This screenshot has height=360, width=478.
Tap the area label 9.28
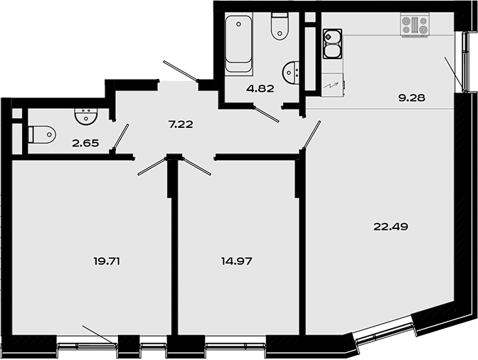point(411,97)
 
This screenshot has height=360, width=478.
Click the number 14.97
point(238,261)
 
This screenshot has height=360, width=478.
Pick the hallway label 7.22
point(181,124)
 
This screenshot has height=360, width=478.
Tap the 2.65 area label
point(85,142)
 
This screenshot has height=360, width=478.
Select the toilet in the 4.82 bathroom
point(280,26)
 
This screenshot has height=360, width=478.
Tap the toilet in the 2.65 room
point(42,134)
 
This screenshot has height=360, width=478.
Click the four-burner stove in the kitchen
point(415,26)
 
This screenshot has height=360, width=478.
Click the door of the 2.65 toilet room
point(122,137)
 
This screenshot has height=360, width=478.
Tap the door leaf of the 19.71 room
point(152,165)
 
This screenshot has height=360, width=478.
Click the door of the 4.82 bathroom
point(267,115)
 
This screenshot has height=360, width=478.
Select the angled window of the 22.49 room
point(385,333)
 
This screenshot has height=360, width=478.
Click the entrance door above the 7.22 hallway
point(181,72)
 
